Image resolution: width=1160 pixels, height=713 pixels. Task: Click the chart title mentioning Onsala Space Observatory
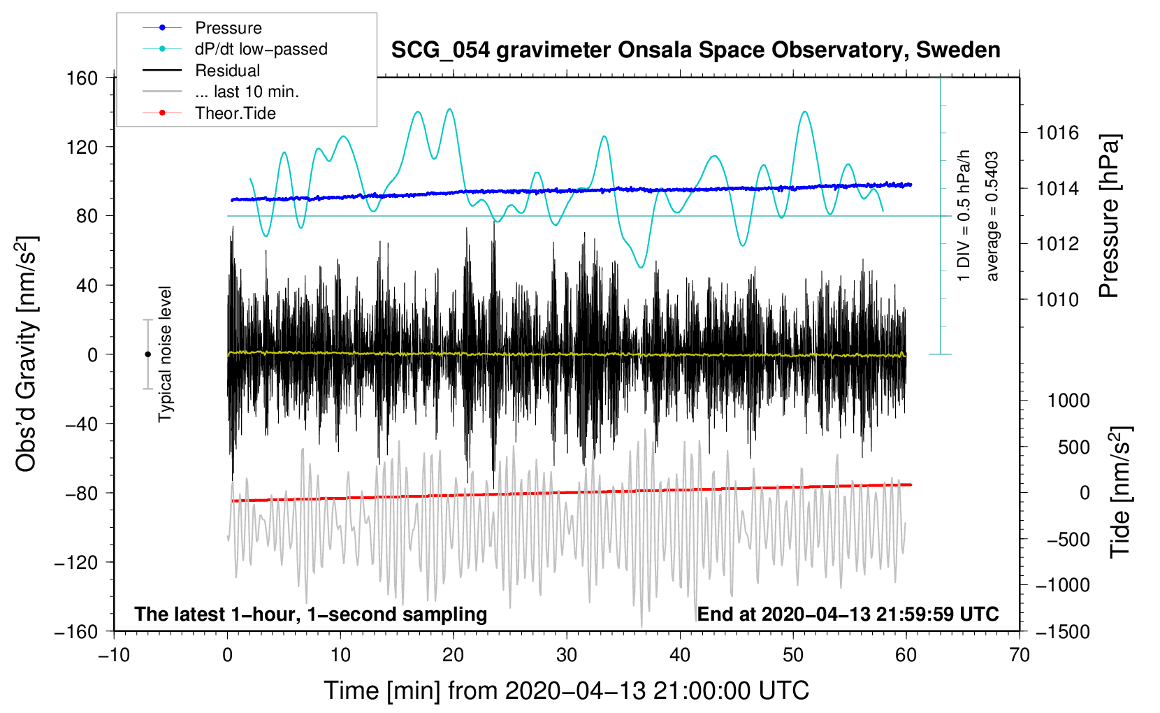(695, 50)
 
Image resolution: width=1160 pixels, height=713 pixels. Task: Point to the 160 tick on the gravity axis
(82, 78)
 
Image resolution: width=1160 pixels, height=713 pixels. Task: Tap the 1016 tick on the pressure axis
(1057, 133)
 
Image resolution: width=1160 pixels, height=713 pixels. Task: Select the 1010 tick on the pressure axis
(1057, 300)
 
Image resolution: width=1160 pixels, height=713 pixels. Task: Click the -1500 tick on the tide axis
(1062, 631)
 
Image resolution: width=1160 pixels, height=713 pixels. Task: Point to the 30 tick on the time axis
(567, 656)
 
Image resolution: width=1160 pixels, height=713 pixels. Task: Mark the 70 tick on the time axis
(1020, 656)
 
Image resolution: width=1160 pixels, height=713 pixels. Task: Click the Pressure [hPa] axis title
(1109, 217)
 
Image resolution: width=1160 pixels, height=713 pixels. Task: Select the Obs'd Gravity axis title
(27, 354)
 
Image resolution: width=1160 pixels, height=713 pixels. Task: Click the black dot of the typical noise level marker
(147, 354)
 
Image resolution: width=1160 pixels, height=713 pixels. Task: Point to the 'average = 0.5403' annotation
(992, 217)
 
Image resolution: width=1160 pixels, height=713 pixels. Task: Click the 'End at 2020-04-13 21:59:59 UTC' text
(848, 614)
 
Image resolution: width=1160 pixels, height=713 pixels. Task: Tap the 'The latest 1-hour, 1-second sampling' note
(311, 614)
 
